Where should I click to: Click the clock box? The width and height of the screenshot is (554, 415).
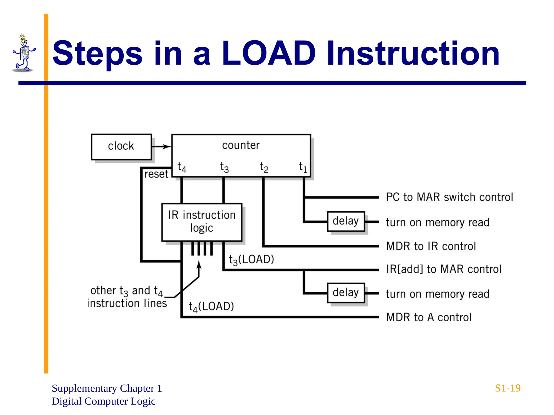click(121, 147)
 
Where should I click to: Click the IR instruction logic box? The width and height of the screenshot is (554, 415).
click(202, 222)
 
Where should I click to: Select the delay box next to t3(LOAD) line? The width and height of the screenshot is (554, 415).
click(346, 293)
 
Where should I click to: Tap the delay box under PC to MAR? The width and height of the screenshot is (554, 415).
click(346, 221)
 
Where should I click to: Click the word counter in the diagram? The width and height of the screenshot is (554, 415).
click(241, 145)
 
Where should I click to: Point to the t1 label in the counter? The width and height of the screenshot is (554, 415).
click(303, 167)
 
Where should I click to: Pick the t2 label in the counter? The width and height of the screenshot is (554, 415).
click(264, 167)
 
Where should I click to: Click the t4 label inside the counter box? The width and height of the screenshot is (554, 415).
click(182, 167)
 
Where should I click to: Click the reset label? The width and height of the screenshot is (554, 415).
click(156, 174)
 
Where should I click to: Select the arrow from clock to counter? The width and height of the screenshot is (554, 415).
click(161, 147)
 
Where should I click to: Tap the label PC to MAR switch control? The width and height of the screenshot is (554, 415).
click(449, 197)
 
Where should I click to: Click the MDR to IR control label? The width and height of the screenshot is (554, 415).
click(431, 246)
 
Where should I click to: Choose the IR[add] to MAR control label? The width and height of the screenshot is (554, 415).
click(444, 269)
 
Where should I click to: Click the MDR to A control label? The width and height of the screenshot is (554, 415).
click(428, 317)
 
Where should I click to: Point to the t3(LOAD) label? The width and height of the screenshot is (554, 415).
click(251, 260)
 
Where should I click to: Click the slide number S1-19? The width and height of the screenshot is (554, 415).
click(507, 388)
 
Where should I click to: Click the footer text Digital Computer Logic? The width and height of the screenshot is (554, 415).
click(104, 401)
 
